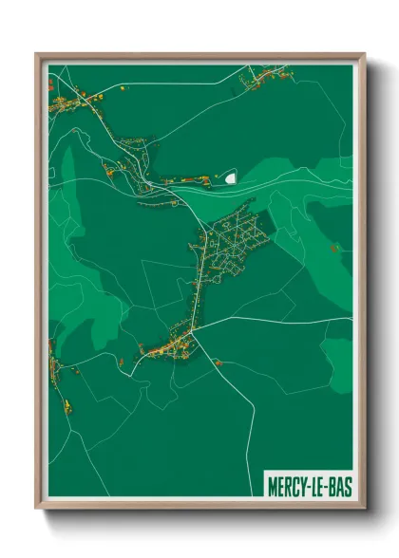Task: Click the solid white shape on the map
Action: point(231,176)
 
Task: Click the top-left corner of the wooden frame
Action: point(36,54)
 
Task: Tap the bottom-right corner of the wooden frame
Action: point(364,510)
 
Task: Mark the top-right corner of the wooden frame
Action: point(364,54)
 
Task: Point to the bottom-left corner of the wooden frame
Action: point(36,510)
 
